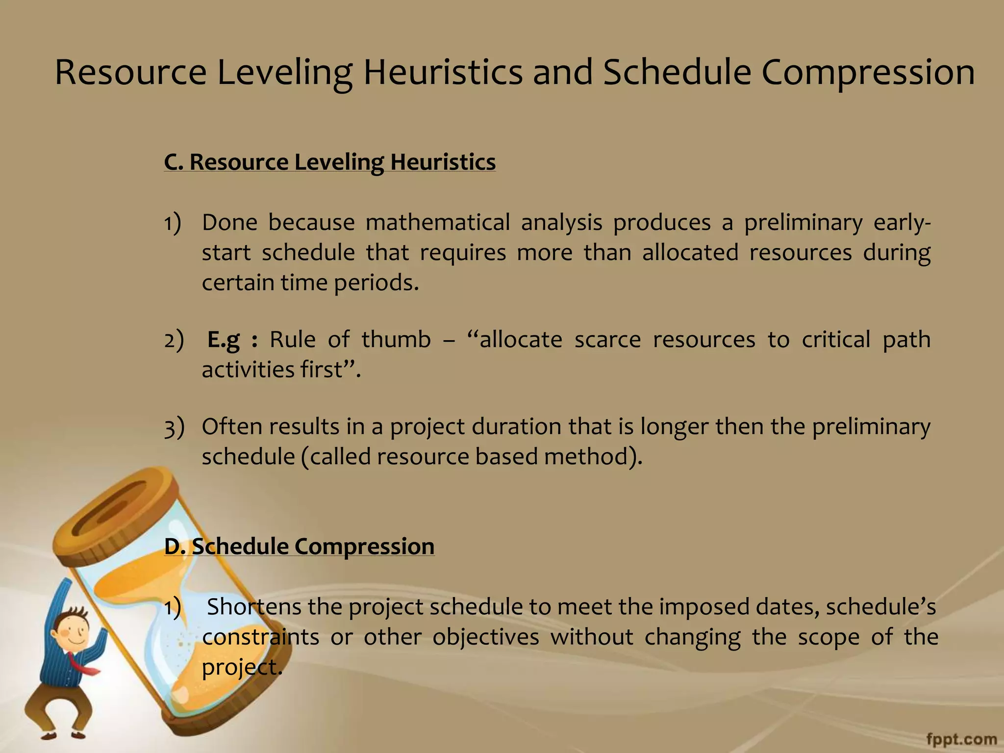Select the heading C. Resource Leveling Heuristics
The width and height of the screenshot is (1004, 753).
click(329, 162)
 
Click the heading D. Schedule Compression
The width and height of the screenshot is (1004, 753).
click(299, 546)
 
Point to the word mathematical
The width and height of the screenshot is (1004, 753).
click(437, 223)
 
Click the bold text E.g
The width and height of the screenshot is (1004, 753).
click(224, 339)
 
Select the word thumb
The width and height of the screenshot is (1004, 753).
click(396, 339)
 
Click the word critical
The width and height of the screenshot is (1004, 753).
click(836, 339)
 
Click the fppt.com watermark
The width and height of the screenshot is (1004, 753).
click(961, 738)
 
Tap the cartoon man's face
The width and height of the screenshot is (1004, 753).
click(74, 630)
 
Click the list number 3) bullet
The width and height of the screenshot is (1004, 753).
click(174, 427)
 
